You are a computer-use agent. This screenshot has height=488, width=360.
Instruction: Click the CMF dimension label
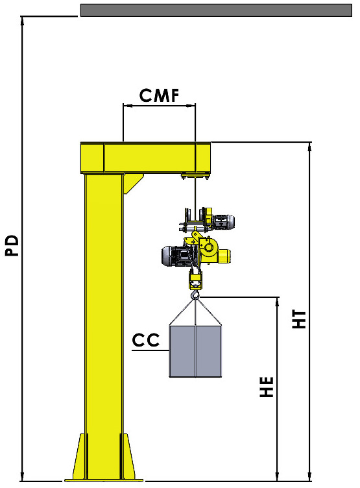coord(158,96)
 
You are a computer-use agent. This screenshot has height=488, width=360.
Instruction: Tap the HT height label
coord(299,318)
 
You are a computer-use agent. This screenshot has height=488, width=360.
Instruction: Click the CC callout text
coord(147,340)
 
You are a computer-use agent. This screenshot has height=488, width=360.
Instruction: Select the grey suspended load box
coord(195,351)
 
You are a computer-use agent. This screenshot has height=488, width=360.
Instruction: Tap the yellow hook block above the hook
coord(195,281)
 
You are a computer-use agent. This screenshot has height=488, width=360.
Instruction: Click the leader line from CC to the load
coord(150,350)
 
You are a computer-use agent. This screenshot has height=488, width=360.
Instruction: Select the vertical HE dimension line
coord(278,389)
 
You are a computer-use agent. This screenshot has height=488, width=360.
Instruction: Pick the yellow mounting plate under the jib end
coord(195,175)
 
